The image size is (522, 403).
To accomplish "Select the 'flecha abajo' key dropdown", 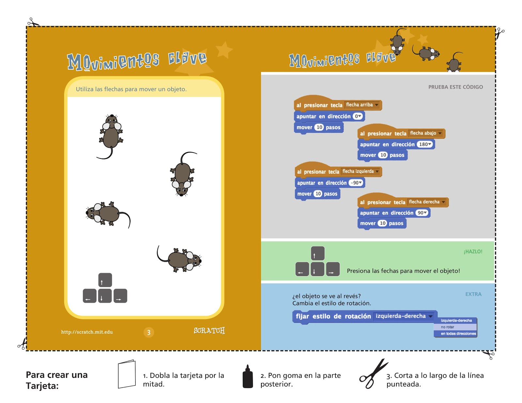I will (x=426, y=133).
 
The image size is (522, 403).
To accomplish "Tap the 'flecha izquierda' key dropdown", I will (x=361, y=172).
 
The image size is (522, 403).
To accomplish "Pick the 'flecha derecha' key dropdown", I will (x=427, y=202).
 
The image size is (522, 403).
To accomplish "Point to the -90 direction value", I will (x=356, y=183).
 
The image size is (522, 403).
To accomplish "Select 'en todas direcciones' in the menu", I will (x=458, y=334).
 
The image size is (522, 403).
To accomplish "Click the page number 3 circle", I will (x=149, y=332).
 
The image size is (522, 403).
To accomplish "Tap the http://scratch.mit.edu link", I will (x=87, y=332).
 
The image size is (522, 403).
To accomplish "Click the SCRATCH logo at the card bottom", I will (x=209, y=331).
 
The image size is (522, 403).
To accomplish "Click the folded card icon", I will (x=127, y=374).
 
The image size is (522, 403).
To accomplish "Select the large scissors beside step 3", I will (x=373, y=374).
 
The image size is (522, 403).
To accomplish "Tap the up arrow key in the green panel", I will (x=317, y=253).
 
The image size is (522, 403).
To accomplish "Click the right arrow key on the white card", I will (x=120, y=296).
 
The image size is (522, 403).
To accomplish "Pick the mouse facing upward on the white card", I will (x=111, y=135).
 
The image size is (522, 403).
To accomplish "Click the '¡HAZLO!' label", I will (x=473, y=252).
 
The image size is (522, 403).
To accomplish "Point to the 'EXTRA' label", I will (x=473, y=294).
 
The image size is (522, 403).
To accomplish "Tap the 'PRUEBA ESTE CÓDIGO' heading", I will (x=455, y=87).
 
